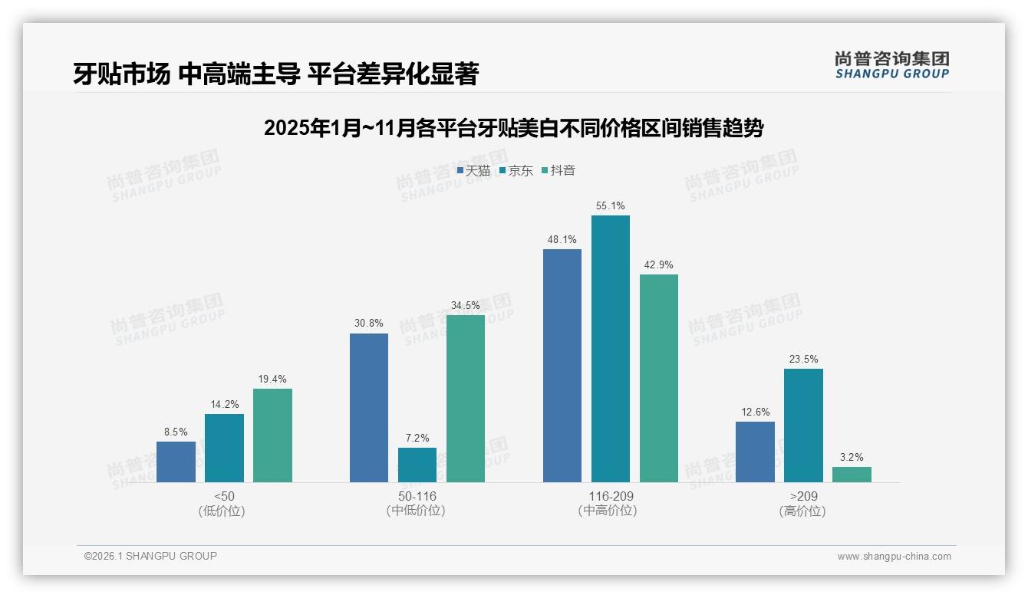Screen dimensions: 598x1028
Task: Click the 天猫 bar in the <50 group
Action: pos(176,462)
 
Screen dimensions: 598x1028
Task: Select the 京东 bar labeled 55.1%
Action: pos(611,349)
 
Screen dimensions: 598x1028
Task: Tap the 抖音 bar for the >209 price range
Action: pos(852,475)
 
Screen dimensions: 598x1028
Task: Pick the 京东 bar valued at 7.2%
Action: pos(417,465)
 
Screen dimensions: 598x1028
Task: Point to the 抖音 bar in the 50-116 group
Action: pos(466,399)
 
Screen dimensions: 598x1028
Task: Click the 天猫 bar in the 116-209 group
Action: pos(562,366)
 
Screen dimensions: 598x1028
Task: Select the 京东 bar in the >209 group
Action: pos(803,426)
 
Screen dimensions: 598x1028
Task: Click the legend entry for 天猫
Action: pos(473,171)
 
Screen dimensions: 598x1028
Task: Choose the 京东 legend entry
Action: pos(516,171)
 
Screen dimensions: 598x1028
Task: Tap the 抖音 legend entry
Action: pos(558,171)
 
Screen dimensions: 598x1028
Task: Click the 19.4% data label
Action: pos(272,379)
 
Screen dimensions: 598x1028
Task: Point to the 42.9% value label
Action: pos(659,265)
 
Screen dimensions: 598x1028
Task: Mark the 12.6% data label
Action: pos(755,412)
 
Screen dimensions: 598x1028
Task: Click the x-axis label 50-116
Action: pos(417,496)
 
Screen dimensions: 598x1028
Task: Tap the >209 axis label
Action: pos(802,496)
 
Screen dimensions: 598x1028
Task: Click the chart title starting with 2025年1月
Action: pos(513,128)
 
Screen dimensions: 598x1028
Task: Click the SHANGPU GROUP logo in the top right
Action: pos(891,65)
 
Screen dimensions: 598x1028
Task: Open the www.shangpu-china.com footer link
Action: pos(894,557)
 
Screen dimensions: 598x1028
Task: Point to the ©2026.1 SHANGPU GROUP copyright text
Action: pos(150,556)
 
